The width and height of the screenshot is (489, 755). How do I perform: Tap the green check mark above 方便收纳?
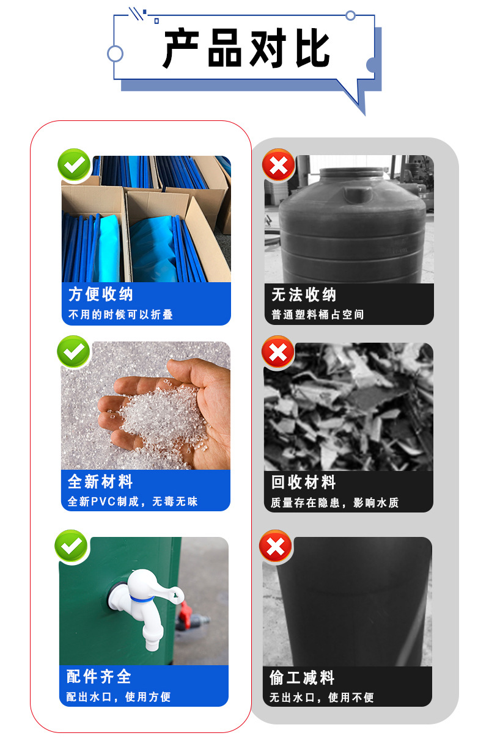74,165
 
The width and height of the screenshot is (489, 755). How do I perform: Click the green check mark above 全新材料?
73,352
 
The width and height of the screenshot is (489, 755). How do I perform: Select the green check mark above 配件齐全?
72,545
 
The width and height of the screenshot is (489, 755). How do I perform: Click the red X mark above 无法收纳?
278,166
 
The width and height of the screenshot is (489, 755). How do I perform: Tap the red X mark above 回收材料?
278,352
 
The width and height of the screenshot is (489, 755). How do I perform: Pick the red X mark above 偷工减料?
276,546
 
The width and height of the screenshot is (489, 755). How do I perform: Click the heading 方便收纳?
101,294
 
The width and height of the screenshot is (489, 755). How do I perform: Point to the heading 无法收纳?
304,295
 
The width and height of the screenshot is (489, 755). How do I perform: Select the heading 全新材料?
100,481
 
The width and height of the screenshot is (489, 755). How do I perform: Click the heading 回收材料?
304,483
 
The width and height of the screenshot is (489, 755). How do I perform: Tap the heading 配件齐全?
99,676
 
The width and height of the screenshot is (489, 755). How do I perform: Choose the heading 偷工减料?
302,677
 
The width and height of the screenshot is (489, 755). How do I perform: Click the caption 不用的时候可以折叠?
120,315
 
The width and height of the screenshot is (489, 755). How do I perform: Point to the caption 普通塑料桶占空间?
318,315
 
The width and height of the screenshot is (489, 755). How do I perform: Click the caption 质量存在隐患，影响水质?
335,503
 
